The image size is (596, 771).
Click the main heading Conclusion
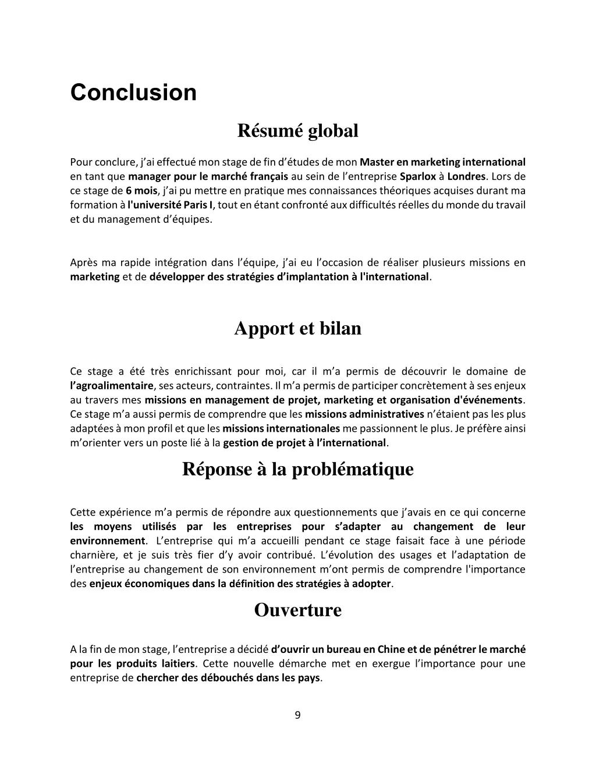[x=133, y=93]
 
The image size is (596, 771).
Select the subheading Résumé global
[x=297, y=131]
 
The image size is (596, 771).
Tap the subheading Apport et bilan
[x=297, y=329]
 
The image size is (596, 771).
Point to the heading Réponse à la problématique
[x=297, y=469]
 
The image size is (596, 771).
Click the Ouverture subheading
[x=297, y=610]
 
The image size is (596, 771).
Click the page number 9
[x=297, y=715]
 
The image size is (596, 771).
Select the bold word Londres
[x=466, y=176]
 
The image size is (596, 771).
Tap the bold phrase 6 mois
[x=141, y=191]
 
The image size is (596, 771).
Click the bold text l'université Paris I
[x=170, y=205]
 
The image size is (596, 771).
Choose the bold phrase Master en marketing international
[x=442, y=162]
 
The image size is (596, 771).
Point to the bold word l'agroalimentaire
[x=112, y=386]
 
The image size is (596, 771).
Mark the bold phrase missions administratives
[x=364, y=414]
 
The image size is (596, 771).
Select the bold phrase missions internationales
[x=281, y=429]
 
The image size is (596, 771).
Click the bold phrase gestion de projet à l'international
[x=304, y=443]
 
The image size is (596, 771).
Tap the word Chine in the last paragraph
[x=390, y=649]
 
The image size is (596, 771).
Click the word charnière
[x=93, y=555]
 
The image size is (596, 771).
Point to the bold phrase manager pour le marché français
[x=208, y=176]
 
